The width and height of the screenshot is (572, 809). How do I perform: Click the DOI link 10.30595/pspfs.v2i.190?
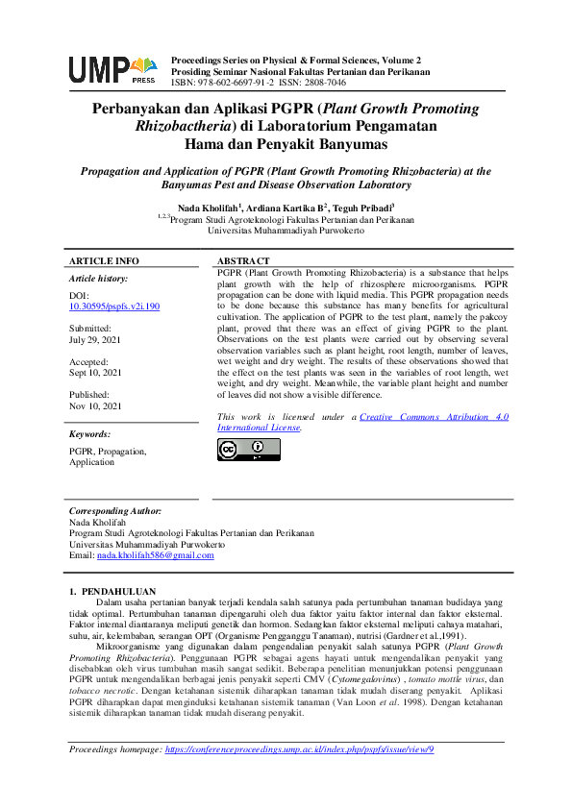click(114, 306)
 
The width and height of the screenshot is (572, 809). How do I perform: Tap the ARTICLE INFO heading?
click(104, 261)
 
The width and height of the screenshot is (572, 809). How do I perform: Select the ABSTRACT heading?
click(243, 261)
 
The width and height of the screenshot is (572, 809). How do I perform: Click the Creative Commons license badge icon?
click(249, 450)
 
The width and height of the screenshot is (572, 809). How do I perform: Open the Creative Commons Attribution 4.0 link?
click(433, 416)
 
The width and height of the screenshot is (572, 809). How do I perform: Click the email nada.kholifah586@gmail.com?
click(156, 555)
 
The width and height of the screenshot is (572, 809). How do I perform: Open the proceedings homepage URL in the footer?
click(299, 748)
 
